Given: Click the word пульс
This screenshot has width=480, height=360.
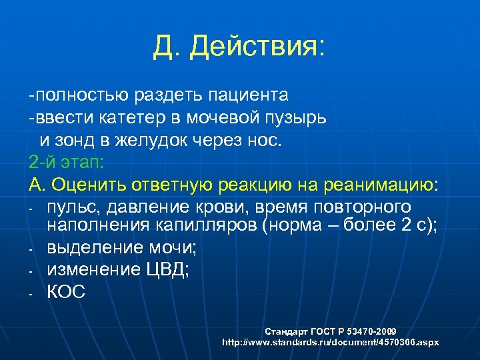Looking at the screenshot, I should coord(75,206).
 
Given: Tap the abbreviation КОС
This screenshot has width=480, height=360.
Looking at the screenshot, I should coord(66,292).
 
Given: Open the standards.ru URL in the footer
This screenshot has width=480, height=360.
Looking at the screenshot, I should coord(330,341).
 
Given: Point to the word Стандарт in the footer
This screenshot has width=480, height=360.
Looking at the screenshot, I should coord(284,331).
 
